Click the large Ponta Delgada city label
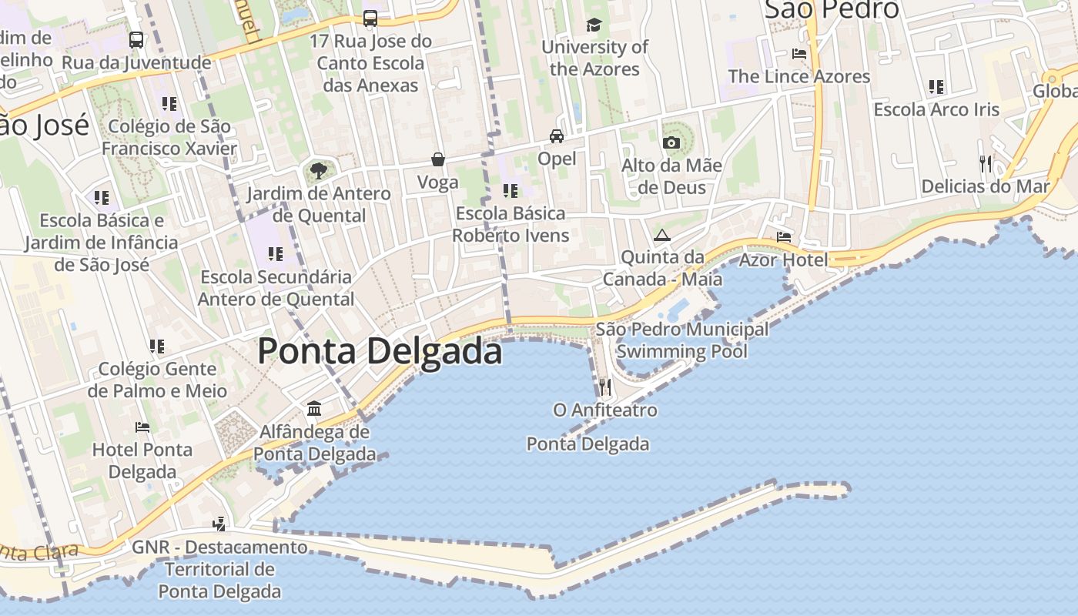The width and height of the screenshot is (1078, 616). [380, 351]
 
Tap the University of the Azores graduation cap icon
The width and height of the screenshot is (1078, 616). [594, 25]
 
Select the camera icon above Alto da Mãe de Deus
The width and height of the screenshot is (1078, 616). [671, 142]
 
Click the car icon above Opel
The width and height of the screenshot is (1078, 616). [556, 136]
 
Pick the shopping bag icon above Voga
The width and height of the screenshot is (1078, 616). [437, 159]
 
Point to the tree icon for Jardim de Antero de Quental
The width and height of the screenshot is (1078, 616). [318, 170]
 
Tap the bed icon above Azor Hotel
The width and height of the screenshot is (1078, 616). [784, 236]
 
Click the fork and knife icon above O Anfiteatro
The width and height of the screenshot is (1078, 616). [605, 387]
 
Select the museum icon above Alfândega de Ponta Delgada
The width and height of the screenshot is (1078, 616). [314, 408]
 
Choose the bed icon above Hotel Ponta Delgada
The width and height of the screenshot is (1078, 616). [142, 427]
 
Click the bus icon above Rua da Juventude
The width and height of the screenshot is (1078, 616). [136, 39]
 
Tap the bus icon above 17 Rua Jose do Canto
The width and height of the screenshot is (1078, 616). [370, 18]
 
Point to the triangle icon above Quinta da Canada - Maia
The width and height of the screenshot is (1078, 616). [661, 235]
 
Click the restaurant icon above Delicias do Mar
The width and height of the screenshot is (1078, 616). [985, 163]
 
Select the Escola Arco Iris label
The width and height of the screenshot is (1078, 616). [936, 109]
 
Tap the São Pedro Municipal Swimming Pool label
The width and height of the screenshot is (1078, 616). [682, 340]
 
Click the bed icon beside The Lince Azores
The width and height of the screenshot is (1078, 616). [799, 54]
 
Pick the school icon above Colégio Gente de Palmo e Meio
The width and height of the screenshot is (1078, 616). [157, 346]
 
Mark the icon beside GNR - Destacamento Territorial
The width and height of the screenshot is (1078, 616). [219, 524]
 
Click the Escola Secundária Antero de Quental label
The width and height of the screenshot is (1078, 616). [276, 287]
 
